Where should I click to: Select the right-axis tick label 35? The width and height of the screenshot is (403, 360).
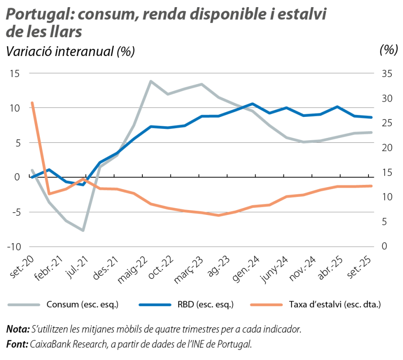[386, 74]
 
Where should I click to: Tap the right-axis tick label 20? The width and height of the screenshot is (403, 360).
[386, 148]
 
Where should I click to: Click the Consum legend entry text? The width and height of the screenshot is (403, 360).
[82, 305]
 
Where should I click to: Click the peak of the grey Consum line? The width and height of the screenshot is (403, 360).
[150, 81]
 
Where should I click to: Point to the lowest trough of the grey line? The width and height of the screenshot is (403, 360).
[83, 231]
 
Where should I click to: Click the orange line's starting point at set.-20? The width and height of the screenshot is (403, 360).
[32, 103]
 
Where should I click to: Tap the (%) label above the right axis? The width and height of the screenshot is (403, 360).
[388, 50]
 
